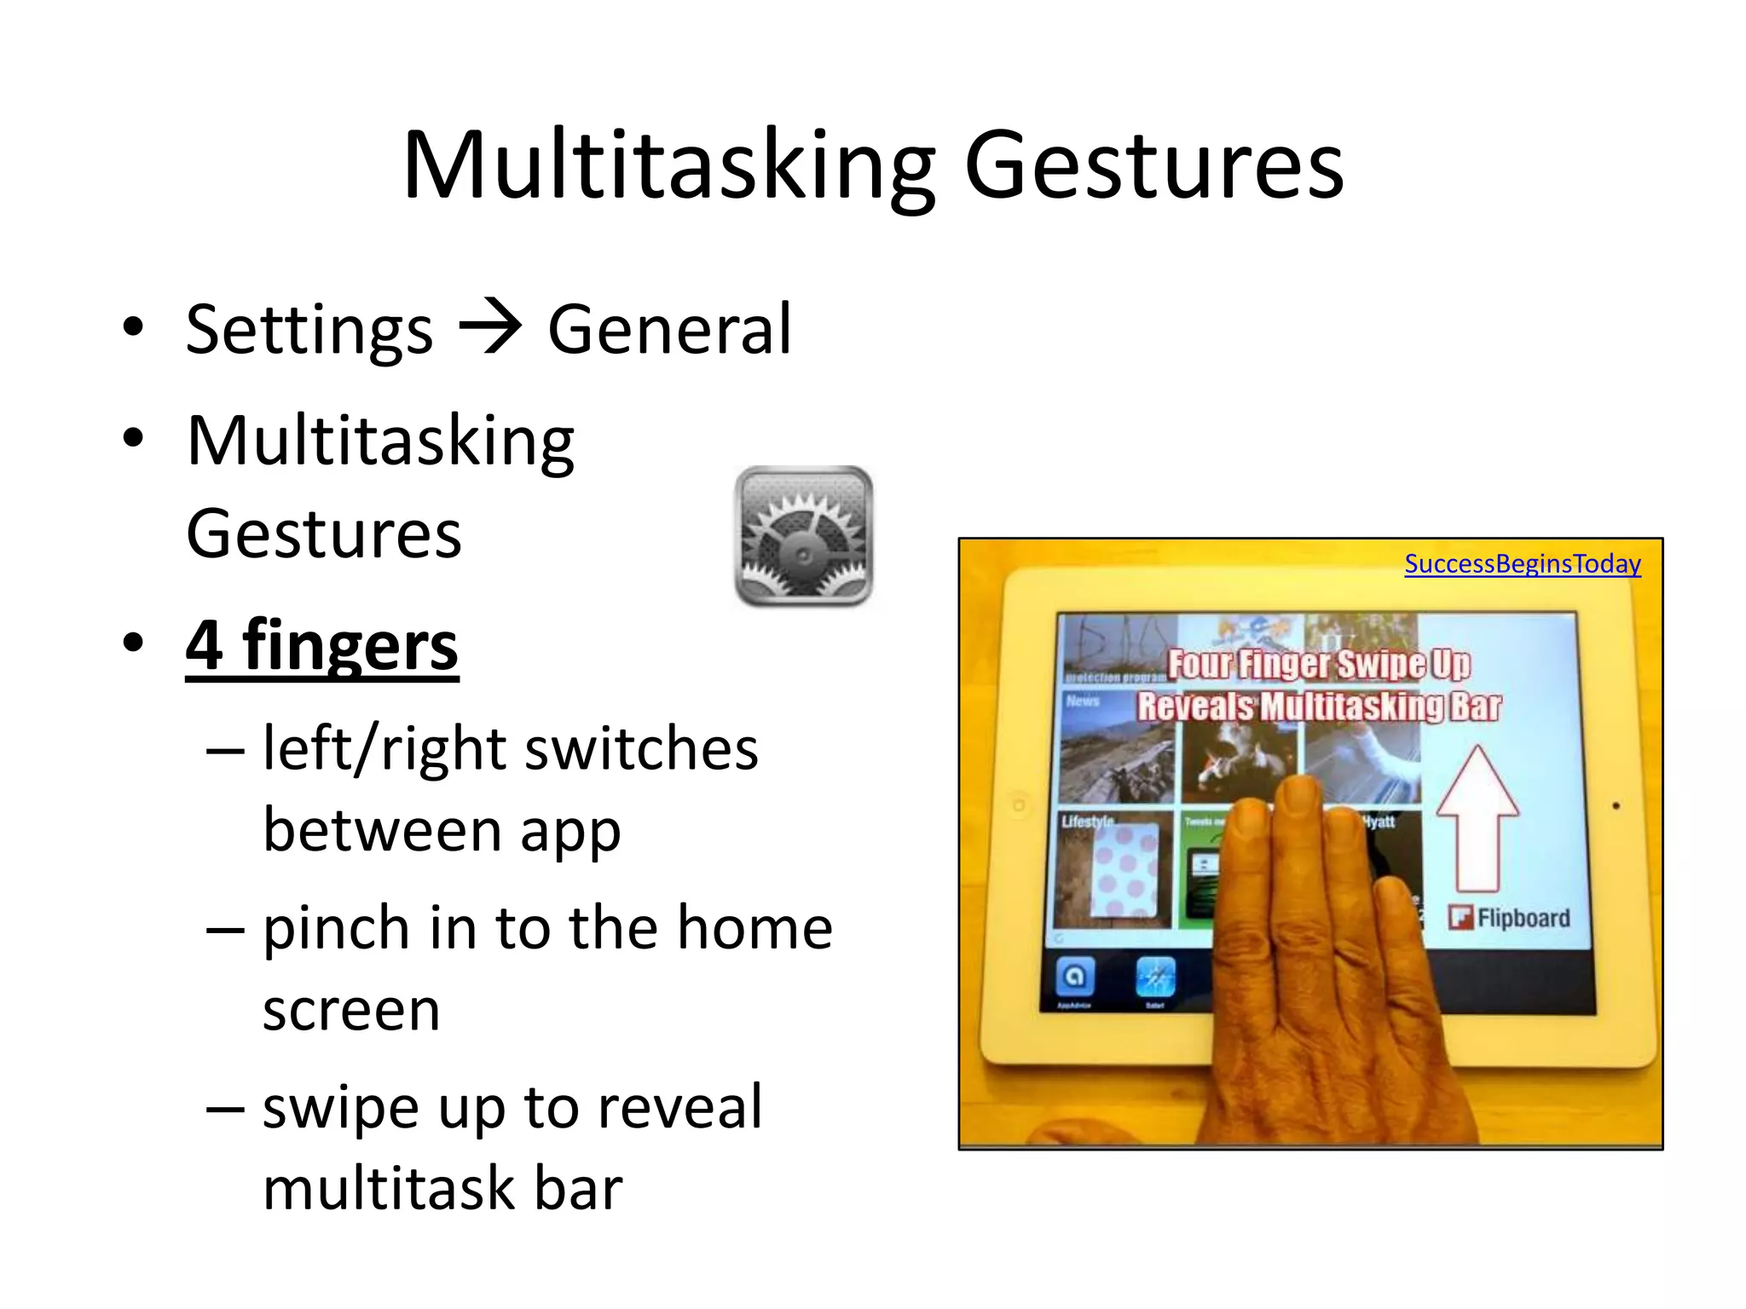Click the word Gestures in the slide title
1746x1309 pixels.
tap(1153, 166)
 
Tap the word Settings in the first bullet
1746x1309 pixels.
tap(309, 331)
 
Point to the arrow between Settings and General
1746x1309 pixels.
tap(489, 329)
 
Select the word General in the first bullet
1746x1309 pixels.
tap(669, 329)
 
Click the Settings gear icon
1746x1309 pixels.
tap(803, 536)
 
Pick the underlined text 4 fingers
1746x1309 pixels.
tap(322, 646)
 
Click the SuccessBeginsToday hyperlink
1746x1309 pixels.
tap(1522, 563)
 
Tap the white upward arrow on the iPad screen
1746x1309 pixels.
tap(1477, 818)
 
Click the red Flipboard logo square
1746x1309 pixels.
tap(1460, 918)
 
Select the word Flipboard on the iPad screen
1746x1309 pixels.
tap(1523, 918)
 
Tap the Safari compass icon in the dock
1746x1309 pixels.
tap(1155, 977)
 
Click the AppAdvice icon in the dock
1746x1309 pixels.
tap(1074, 977)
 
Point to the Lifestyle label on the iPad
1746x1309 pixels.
tap(1087, 822)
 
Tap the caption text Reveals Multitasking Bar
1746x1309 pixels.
tap(1318, 707)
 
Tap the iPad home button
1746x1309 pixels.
tap(1018, 804)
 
